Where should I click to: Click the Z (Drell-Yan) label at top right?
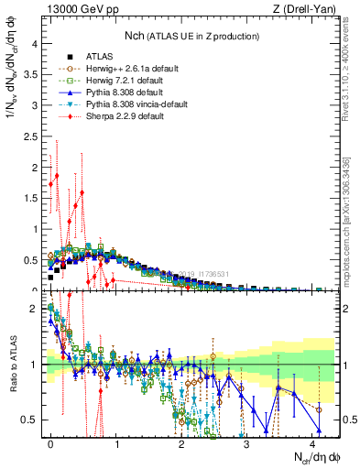click(307, 9)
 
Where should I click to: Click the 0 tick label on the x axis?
click(51, 442)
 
